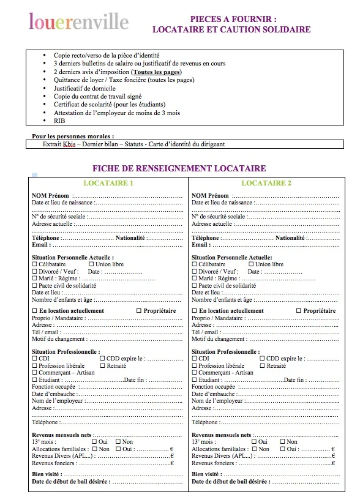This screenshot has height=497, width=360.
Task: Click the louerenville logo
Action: [x=79, y=23]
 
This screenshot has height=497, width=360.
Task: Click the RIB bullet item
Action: [x=59, y=121]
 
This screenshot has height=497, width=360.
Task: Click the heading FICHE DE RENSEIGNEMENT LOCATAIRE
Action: [x=179, y=168]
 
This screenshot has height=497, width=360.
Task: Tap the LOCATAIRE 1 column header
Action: [x=108, y=183]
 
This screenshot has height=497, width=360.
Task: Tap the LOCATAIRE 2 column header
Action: [x=266, y=183]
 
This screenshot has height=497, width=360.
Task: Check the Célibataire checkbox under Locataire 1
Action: [x=34, y=264]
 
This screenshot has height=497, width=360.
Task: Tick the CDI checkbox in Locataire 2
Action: [x=195, y=359]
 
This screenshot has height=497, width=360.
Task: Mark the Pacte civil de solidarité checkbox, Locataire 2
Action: [x=195, y=286]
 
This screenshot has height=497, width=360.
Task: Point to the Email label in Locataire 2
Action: [x=200, y=245]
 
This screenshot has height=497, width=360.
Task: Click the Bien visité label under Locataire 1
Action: [x=46, y=474]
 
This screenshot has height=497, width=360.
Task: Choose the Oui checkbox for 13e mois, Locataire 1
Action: [x=94, y=442]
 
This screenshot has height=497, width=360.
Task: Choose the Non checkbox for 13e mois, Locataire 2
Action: [x=282, y=442]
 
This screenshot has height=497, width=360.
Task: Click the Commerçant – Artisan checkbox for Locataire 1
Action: [x=34, y=373]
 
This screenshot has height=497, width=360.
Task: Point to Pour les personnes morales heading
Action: [x=73, y=136]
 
